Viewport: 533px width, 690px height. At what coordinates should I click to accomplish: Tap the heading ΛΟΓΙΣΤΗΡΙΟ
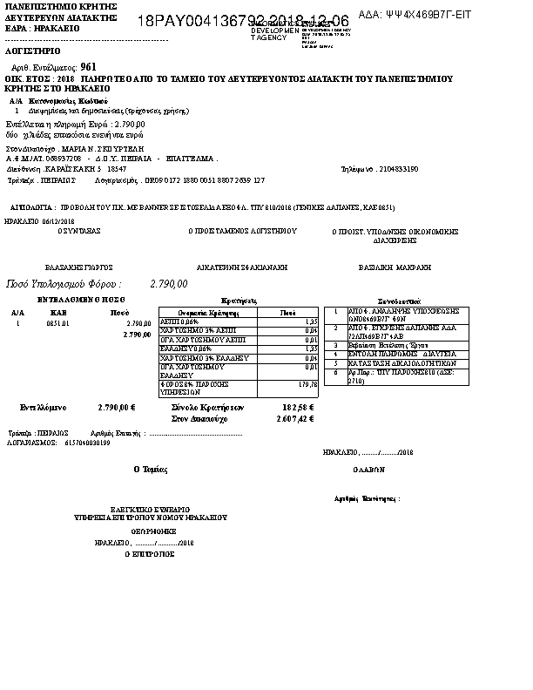coord(30,51)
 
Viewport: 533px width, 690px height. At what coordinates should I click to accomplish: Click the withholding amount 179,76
coord(307,383)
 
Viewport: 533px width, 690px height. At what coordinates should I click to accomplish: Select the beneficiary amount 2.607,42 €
coord(294,418)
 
